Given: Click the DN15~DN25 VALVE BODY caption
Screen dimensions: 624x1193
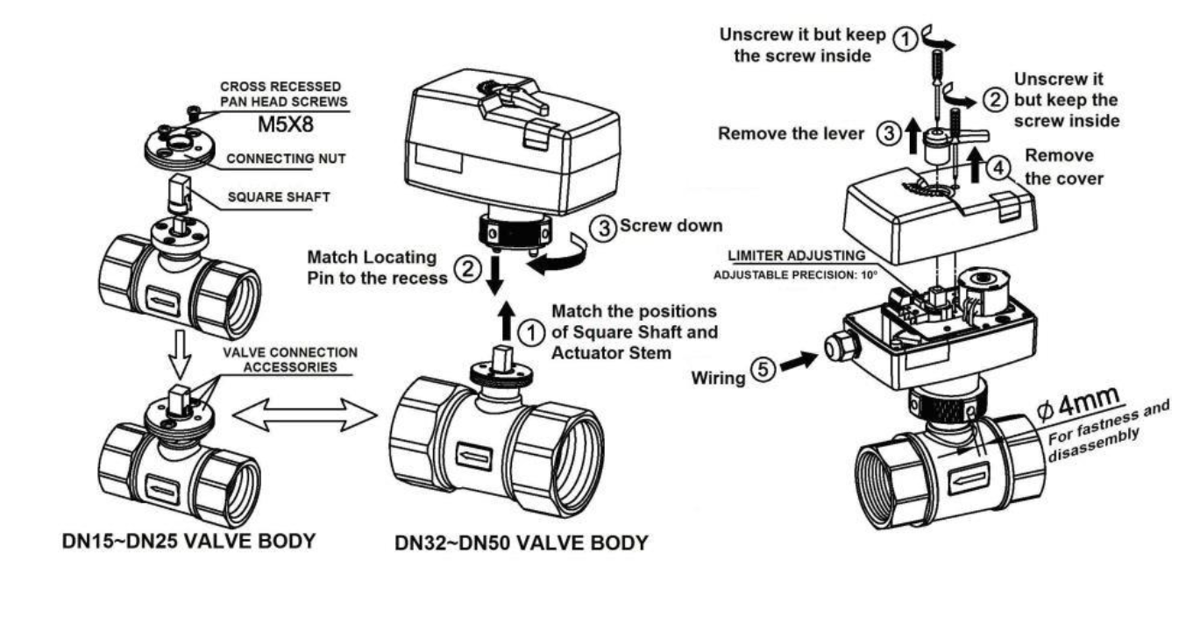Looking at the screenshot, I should point(165,542).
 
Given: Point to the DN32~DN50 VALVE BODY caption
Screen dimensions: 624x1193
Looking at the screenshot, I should point(522,543).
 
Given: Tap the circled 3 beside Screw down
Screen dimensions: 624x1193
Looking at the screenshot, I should point(605,226).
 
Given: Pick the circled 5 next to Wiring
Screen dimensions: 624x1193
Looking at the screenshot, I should point(763,370).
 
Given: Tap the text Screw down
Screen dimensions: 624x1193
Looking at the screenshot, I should point(671,225).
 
